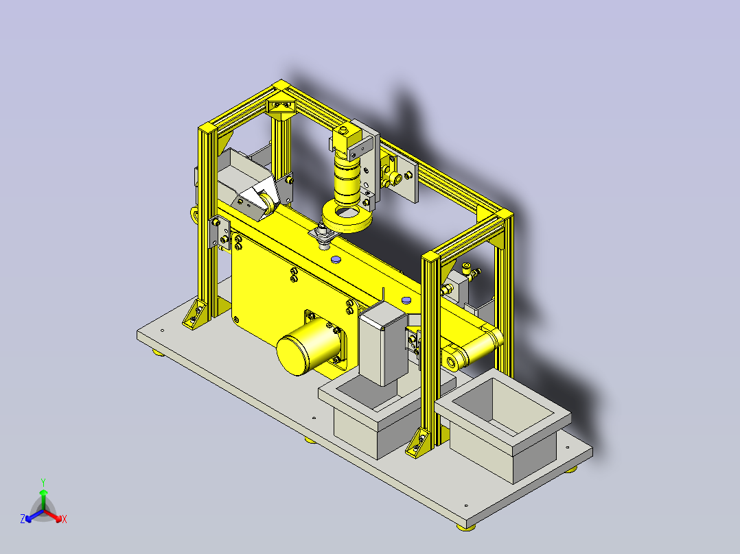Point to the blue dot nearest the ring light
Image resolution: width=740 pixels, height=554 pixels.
(335, 261)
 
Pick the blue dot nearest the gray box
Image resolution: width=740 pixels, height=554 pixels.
(406, 300)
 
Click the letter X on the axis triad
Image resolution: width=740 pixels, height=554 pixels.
(65, 519)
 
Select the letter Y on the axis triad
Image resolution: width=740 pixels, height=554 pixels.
(43, 481)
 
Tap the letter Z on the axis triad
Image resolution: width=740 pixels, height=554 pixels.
(23, 519)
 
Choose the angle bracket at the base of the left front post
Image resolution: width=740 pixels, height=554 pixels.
(194, 313)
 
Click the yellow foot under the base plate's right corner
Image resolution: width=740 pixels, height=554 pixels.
(571, 470)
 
